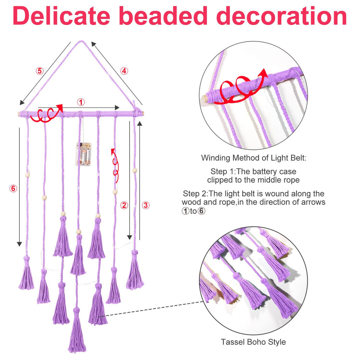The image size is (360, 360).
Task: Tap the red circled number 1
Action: [81, 102]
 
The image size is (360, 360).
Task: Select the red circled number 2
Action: [124, 205]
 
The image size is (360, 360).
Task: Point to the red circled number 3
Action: [146, 205]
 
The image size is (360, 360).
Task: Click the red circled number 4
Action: [124, 71]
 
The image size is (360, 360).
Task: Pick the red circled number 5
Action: [39, 71]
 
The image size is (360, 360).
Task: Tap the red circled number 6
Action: [13, 188]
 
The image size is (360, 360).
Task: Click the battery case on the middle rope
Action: [84, 154]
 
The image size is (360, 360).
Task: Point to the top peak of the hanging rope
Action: [81, 41]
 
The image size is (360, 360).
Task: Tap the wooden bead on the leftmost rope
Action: [27, 175]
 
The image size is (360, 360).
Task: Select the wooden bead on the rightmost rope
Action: [135, 171]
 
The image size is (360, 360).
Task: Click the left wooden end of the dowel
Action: [19, 114]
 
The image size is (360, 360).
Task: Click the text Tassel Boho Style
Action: [253, 342]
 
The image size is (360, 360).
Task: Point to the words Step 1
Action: [222, 172]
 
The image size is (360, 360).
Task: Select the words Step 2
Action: [195, 194]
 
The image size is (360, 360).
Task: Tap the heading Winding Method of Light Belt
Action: [254, 158]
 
